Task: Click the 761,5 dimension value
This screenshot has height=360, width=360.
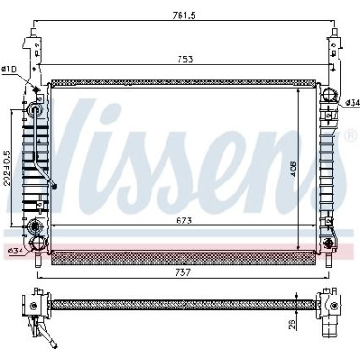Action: (182, 14)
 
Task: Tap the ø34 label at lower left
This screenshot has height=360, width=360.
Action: (14, 251)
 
